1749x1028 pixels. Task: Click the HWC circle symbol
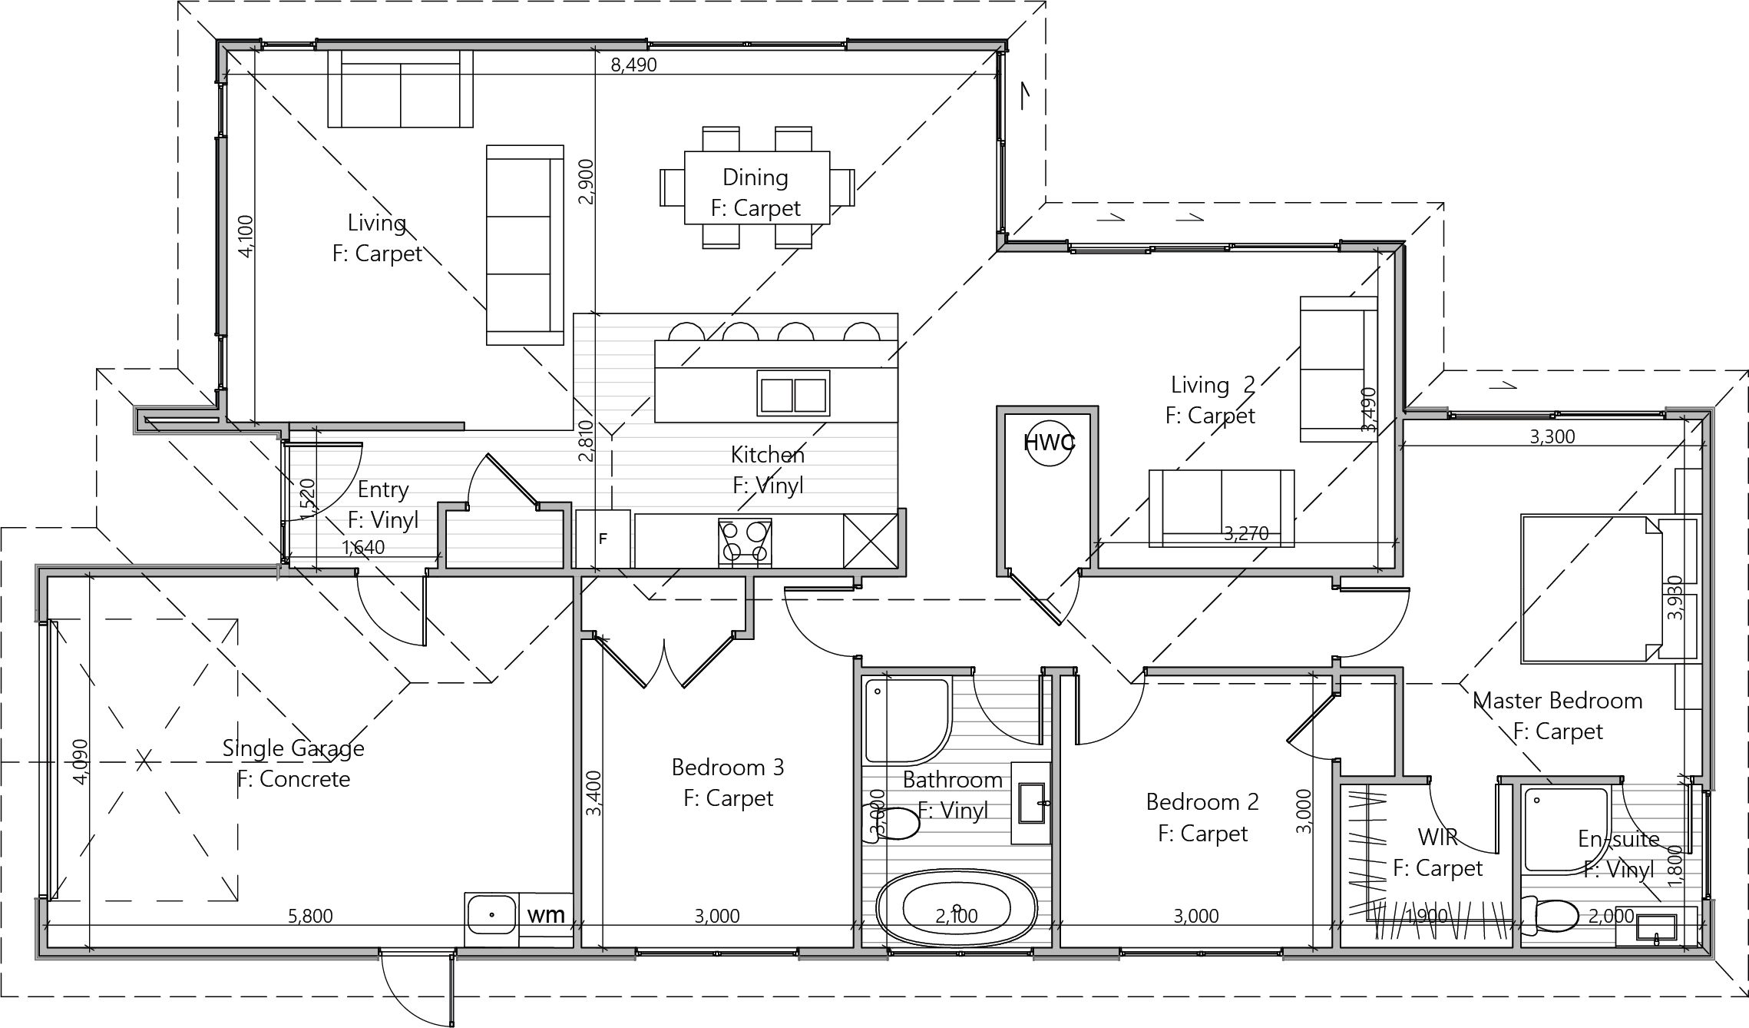[1050, 443]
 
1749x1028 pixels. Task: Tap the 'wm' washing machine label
[546, 914]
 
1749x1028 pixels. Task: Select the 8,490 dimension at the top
[633, 65]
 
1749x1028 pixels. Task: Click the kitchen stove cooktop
[745, 542]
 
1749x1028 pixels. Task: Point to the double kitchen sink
[793, 393]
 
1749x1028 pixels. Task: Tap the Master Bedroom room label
[1557, 701]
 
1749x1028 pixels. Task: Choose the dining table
[756, 187]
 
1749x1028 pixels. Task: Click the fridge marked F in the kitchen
[603, 539]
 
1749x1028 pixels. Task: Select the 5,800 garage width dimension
[310, 916]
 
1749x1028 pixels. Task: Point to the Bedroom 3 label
[728, 767]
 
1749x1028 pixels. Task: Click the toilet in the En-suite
[1549, 916]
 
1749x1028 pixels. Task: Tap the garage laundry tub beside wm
[491, 920]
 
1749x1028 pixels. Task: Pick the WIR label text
[1437, 837]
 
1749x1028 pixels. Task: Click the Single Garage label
[293, 748]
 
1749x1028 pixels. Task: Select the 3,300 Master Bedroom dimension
[1552, 436]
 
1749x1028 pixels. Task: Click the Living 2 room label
[1212, 384]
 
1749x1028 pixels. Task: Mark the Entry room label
[383, 490]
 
